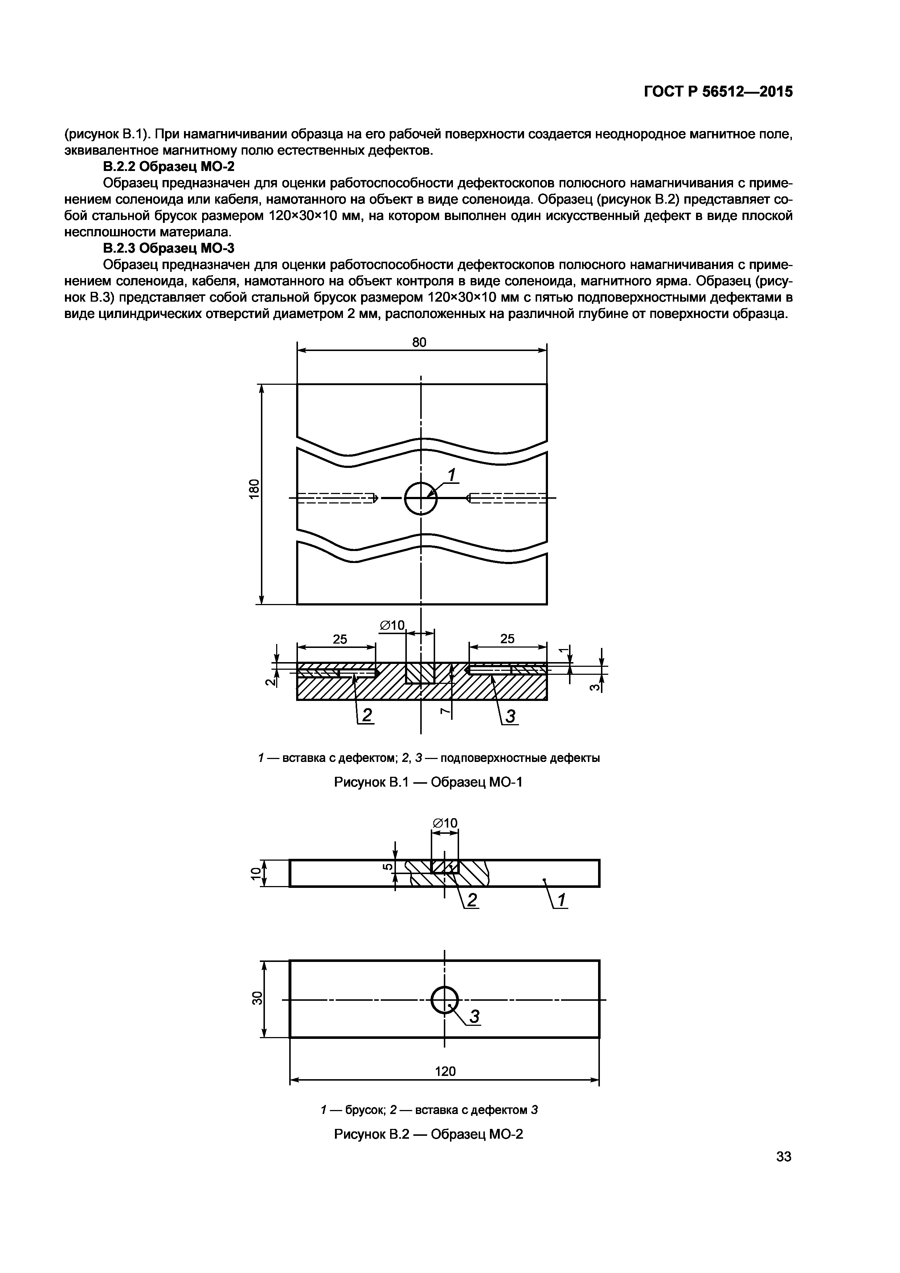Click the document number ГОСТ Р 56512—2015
point(718,92)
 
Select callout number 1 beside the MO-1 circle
point(452,475)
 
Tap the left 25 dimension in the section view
point(339,639)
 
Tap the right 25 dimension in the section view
point(507,639)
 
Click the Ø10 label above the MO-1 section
point(392,625)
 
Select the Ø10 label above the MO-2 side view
point(445,823)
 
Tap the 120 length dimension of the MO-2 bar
point(445,1071)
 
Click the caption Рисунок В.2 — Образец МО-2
point(428,1134)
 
